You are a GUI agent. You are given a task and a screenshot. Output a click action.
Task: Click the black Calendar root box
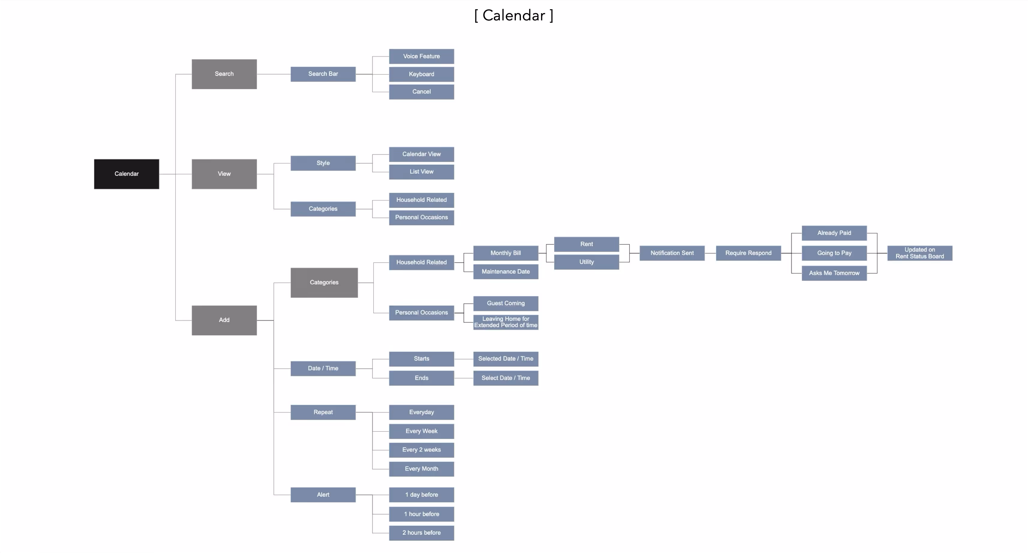click(x=127, y=174)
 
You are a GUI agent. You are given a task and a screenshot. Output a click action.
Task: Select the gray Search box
click(x=224, y=74)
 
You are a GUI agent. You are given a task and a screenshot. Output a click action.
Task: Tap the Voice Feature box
click(x=421, y=56)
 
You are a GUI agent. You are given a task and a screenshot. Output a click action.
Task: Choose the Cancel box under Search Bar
click(x=421, y=92)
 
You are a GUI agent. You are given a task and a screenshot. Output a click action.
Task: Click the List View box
click(x=421, y=172)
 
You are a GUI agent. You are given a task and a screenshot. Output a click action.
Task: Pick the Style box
click(x=323, y=163)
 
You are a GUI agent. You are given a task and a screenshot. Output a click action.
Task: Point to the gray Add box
click(x=224, y=320)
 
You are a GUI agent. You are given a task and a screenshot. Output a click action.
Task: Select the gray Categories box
click(x=324, y=282)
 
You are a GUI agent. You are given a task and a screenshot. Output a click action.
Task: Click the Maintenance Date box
click(x=506, y=272)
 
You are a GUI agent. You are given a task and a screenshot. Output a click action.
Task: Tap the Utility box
click(x=586, y=262)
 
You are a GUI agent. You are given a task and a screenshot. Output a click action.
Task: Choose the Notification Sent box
click(x=672, y=253)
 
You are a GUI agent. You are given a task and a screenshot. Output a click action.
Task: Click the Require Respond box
click(x=748, y=253)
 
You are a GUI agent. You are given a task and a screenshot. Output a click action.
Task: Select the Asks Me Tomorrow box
click(x=834, y=273)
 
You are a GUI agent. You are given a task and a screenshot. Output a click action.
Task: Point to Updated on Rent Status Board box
click(x=919, y=253)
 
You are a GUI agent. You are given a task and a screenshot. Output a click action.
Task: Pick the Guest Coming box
click(x=506, y=303)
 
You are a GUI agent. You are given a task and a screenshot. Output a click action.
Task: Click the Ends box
click(x=421, y=378)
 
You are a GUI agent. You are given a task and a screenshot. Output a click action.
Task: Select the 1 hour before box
click(x=421, y=514)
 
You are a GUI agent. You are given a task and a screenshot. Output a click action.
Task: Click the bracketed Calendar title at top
click(x=514, y=16)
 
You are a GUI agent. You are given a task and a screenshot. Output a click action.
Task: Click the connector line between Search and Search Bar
click(x=273, y=74)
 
